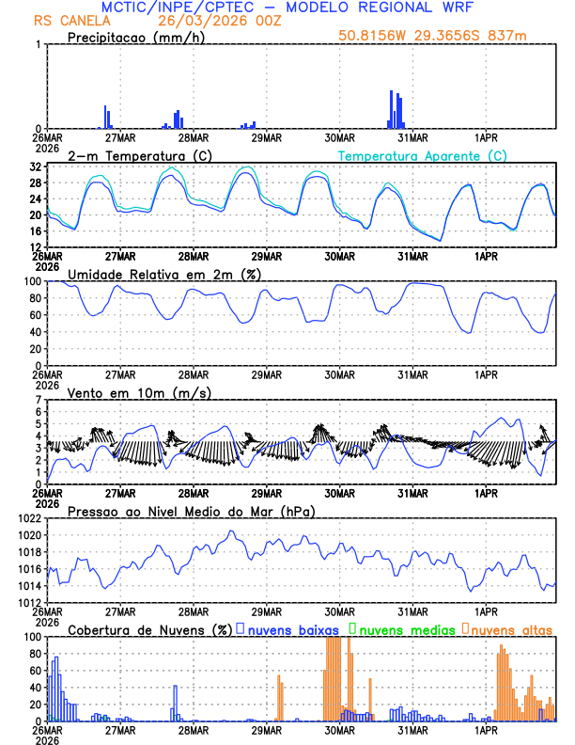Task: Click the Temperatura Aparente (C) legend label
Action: point(422,155)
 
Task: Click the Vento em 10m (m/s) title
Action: point(139,392)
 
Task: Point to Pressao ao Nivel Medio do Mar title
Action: point(191,511)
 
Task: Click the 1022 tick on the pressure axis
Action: point(29,518)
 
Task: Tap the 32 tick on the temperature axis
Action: point(36,167)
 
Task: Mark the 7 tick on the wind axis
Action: point(39,400)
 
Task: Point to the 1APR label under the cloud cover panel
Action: point(486,730)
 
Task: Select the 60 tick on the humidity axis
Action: point(34,315)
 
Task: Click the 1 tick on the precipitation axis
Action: point(39,44)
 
